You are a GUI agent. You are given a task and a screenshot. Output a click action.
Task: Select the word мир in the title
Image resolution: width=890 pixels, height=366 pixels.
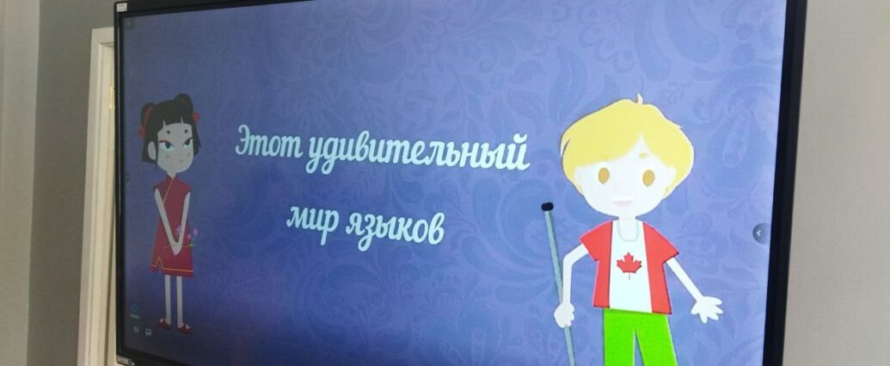click(313, 219)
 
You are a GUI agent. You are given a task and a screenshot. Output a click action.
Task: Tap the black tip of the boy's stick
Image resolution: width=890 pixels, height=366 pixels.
click(547, 207)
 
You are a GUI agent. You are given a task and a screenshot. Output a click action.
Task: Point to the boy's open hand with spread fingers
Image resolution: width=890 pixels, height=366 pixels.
click(707, 308)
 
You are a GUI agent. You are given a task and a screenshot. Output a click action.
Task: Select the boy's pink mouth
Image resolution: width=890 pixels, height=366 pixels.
click(622, 202)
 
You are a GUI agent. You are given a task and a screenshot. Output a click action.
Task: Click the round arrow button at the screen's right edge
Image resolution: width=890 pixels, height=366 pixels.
click(761, 233)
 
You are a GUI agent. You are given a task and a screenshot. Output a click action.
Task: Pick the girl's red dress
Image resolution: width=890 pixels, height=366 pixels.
click(171, 227)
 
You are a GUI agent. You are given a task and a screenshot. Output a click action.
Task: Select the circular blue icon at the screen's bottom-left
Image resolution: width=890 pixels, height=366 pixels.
click(136, 310)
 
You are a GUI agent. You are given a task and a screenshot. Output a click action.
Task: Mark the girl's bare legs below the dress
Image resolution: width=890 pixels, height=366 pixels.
click(173, 298)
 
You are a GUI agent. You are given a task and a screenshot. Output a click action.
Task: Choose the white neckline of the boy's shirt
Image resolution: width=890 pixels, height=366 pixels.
click(624, 230)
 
